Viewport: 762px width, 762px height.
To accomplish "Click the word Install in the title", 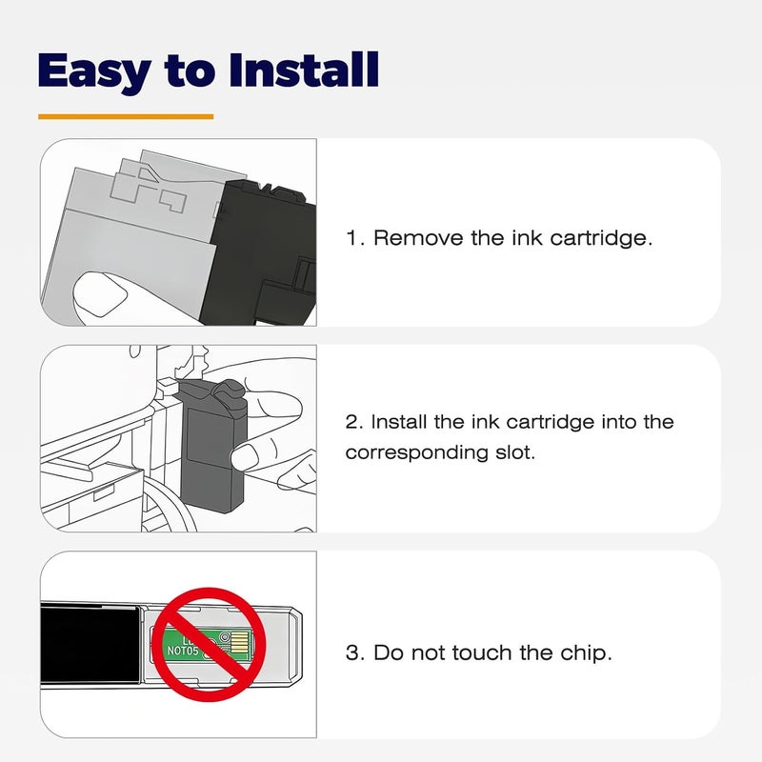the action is click(x=304, y=70).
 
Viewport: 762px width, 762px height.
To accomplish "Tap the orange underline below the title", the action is click(x=126, y=116).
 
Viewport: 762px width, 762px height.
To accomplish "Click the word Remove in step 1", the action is click(x=418, y=238).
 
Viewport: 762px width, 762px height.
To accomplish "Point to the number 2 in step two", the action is click(x=353, y=422).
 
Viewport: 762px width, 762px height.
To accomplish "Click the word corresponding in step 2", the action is click(x=416, y=453).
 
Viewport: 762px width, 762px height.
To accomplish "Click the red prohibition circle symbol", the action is click(x=210, y=644).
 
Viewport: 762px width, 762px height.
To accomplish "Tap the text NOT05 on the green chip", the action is click(x=183, y=651).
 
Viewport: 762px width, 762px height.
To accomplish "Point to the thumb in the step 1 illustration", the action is click(x=100, y=296).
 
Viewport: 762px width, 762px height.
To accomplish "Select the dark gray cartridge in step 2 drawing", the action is click(x=212, y=445).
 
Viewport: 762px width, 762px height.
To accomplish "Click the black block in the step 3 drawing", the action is click(x=90, y=644).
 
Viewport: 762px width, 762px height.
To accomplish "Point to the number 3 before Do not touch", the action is click(x=354, y=653).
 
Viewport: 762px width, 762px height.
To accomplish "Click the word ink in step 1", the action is click(x=527, y=238).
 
